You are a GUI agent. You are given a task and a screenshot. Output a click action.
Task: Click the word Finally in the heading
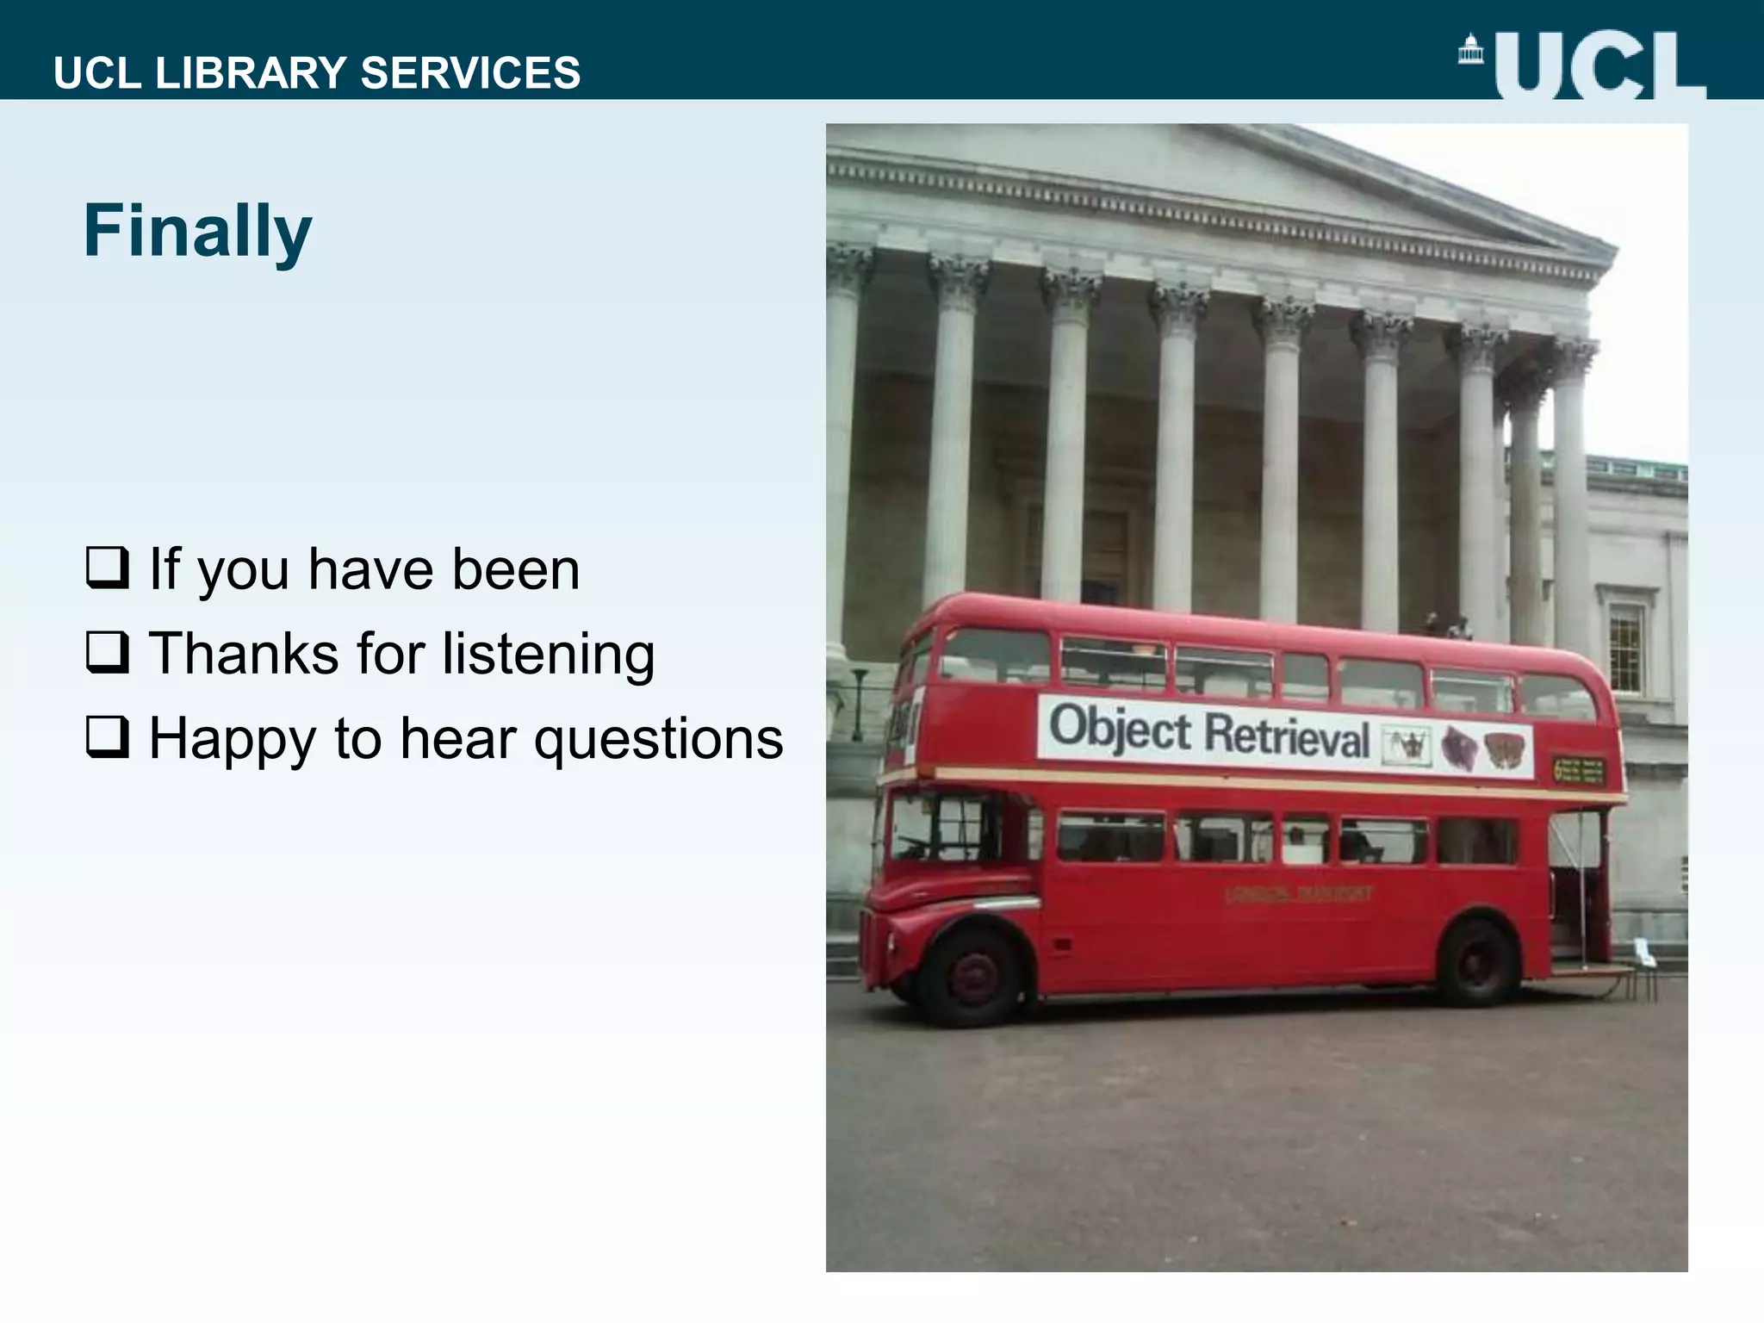[197, 231]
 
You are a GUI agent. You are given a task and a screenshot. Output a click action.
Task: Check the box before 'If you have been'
[108, 568]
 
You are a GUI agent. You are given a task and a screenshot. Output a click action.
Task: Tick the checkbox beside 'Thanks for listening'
[108, 652]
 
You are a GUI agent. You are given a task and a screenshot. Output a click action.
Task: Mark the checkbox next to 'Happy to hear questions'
[108, 737]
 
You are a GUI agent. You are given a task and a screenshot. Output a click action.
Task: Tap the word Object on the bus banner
[1119, 729]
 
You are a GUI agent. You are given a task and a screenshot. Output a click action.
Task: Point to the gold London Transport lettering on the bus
[1297, 894]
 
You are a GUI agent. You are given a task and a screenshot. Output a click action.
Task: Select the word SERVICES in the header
[470, 72]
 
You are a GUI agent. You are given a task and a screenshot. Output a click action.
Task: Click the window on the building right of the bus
[1625, 646]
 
